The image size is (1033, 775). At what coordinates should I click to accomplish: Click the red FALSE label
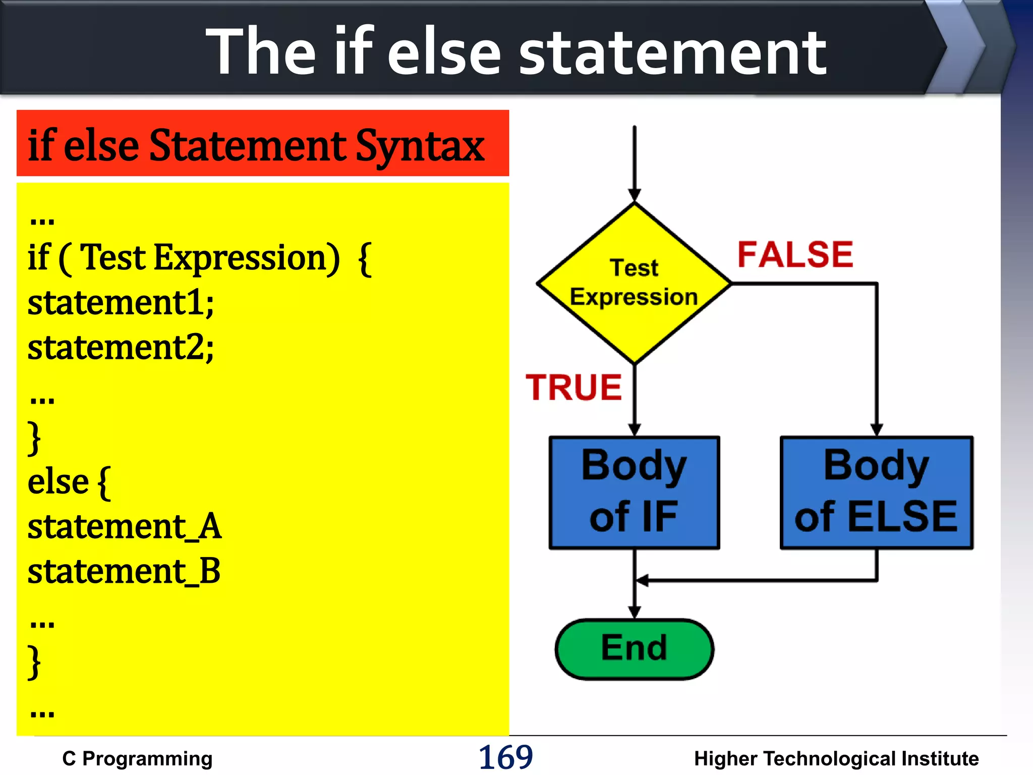tap(795, 254)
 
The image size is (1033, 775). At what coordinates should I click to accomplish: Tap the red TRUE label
tap(573, 387)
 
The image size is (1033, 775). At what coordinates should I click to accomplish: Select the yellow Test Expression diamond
tap(634, 283)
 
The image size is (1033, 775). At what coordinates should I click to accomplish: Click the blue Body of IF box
tap(634, 492)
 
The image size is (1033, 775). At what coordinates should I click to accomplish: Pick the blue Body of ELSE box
tap(876, 492)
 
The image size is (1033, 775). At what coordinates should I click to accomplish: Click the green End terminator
tap(634, 649)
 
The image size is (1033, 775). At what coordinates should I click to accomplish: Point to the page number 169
tap(505, 757)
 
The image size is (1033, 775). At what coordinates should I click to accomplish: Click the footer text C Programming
tap(137, 758)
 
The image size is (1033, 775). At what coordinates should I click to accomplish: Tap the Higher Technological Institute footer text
tap(836, 758)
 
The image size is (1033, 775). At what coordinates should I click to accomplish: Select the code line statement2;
tap(121, 348)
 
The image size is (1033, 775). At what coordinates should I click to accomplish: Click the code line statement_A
tap(124, 527)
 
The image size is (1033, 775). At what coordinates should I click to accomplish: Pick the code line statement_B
tap(124, 572)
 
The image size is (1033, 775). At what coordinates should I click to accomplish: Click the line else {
tap(69, 482)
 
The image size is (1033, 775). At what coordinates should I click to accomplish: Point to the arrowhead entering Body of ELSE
tap(877, 430)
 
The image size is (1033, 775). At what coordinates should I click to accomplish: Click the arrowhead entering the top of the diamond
tap(635, 195)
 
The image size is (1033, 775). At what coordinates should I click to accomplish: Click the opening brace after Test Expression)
tap(365, 259)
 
